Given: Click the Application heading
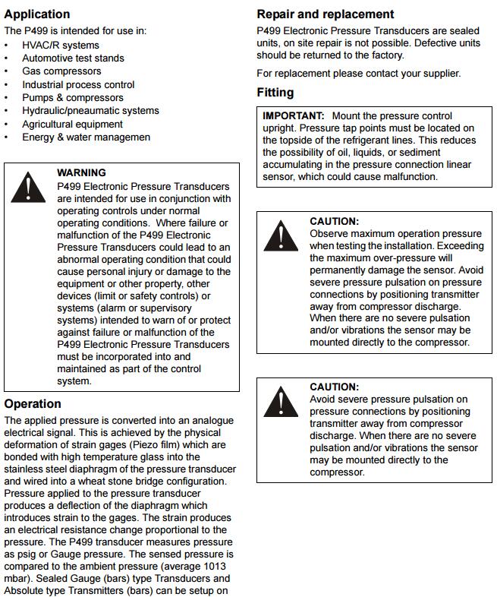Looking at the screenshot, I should (37, 14).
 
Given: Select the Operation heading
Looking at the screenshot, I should (33, 403).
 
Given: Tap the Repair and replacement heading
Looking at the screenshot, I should (326, 14).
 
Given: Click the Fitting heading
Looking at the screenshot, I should (275, 93).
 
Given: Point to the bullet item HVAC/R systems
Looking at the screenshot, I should (61, 45).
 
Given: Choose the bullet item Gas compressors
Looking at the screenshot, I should (62, 71).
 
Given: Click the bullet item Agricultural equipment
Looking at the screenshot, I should (72, 124).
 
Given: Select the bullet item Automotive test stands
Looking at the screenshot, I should (73, 58).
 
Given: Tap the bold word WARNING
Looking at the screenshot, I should (81, 172).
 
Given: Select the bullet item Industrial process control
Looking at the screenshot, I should (78, 84).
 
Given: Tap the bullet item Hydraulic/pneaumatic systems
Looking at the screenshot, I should (90, 110).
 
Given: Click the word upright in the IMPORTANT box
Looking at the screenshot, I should (278, 128).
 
